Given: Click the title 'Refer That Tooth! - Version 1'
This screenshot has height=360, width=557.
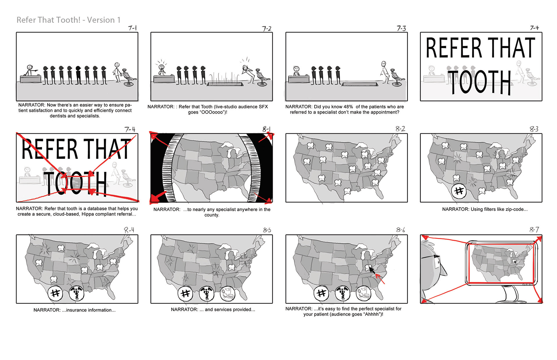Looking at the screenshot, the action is pyautogui.click(x=68, y=20).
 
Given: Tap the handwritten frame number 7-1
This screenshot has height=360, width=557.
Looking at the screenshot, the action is pyautogui.click(x=133, y=28).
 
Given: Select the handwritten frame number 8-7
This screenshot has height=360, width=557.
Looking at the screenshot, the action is pyautogui.click(x=534, y=230).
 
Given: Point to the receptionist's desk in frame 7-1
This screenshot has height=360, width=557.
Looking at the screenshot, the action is pyautogui.click(x=30, y=79).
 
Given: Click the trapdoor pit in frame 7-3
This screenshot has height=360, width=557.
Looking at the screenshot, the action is pyautogui.click(x=360, y=84).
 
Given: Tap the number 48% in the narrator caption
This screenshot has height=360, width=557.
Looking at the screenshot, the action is pyautogui.click(x=348, y=107).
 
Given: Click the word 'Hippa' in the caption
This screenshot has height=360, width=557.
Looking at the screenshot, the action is pyautogui.click(x=87, y=214).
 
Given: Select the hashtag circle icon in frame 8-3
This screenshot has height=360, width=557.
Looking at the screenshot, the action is pyautogui.click(x=459, y=191).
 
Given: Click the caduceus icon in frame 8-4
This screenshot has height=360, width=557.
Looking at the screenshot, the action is pyautogui.click(x=77, y=293).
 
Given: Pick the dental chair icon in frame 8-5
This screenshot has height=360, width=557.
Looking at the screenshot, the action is pyautogui.click(x=228, y=293).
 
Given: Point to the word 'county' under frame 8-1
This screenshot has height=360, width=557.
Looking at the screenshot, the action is pyautogui.click(x=211, y=215).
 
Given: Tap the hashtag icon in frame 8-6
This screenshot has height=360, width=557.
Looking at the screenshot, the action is pyautogui.click(x=321, y=293).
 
